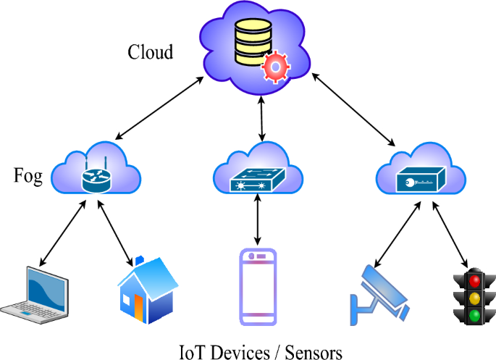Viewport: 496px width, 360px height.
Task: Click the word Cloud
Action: [x=151, y=53]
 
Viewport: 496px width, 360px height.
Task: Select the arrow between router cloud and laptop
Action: [x=61, y=235]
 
